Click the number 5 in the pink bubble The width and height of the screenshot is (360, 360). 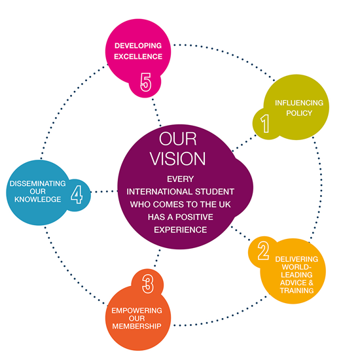click(146, 82)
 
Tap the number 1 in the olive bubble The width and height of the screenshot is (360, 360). click(265, 124)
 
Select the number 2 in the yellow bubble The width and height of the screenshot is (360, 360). click(263, 251)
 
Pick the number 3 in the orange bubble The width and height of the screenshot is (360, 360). click(148, 284)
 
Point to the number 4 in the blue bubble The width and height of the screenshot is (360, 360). click(77, 194)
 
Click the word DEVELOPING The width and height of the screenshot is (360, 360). click(138, 46)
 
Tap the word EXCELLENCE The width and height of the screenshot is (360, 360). click(138, 56)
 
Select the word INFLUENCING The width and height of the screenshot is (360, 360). click(299, 103)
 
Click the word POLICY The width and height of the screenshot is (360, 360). click(299, 113)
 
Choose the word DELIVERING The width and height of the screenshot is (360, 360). click(297, 259)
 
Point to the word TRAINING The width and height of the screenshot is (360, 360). click(297, 291)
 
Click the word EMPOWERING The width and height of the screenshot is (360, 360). click(137, 311)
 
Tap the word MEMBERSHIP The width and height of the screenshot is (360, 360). click(137, 326)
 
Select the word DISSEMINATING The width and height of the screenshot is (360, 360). click(38, 183)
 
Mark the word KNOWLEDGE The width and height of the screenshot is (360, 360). click(38, 199)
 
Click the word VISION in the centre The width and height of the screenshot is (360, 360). click(177, 158)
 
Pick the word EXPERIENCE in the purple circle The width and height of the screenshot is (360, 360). click(181, 230)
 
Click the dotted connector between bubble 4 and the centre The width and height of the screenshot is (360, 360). click(104, 192)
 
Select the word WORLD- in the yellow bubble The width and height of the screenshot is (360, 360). click(297, 267)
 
